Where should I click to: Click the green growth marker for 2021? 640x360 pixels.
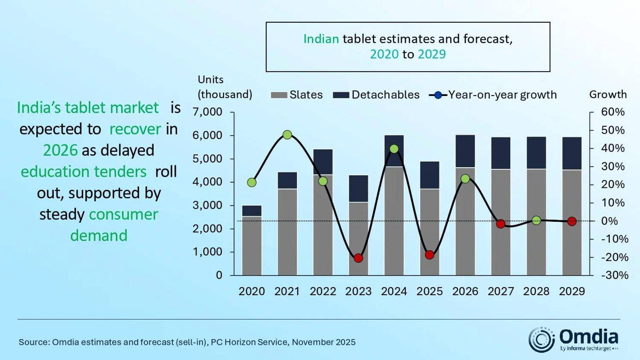coord(287,135)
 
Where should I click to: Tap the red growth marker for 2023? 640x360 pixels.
coord(359,258)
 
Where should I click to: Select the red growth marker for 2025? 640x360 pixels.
coord(429,255)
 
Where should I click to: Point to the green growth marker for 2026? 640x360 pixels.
coord(465,179)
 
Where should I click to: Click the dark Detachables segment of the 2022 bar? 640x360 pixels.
coord(323,162)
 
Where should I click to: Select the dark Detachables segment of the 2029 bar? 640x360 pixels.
coord(572,153)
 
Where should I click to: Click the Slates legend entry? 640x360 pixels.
coord(296,95)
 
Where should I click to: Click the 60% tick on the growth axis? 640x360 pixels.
coord(613,112)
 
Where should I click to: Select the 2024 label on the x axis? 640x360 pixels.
coord(394,292)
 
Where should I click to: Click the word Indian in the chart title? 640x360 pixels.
coord(321,39)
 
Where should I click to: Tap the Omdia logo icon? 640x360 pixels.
coord(541,340)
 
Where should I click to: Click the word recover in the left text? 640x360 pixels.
coord(135,129)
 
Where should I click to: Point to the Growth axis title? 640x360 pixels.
coord(608,94)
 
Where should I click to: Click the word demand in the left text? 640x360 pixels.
coord(99,235)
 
